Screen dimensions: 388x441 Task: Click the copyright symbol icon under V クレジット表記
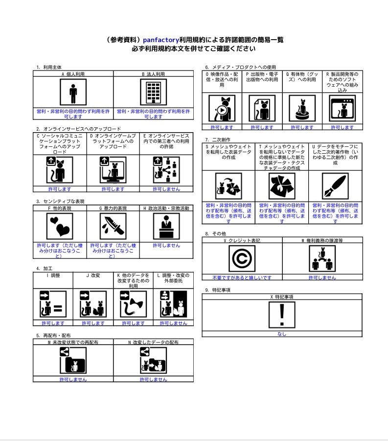click(x=242, y=258)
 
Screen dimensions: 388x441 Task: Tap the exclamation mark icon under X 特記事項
click(x=282, y=315)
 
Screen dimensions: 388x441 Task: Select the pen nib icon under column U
click(x=335, y=186)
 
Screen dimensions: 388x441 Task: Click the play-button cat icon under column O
click(x=222, y=108)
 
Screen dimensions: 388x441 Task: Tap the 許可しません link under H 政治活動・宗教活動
click(x=166, y=246)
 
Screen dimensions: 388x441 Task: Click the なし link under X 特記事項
click(x=282, y=334)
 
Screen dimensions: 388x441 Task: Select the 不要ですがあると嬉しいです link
click(x=242, y=278)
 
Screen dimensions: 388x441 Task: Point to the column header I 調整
click(x=53, y=276)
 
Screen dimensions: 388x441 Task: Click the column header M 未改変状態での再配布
click(x=73, y=343)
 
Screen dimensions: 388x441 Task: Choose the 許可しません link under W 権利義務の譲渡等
click(x=322, y=278)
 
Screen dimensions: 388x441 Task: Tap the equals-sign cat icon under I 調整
click(x=53, y=304)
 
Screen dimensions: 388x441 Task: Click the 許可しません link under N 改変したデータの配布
click(x=153, y=379)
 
